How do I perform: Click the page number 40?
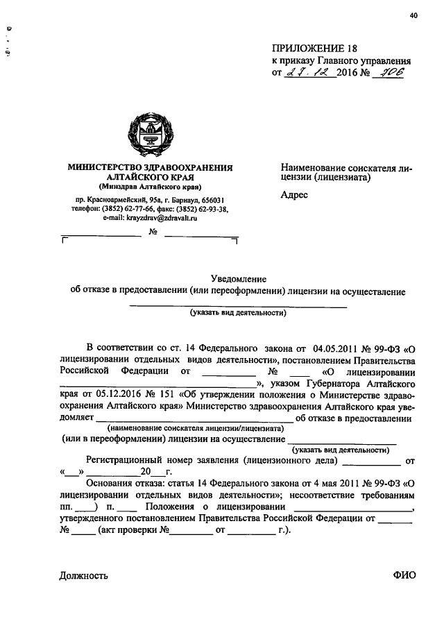tap(413, 15)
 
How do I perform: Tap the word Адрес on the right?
tap(293, 196)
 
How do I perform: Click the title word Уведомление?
tap(242, 278)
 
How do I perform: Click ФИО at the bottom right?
tap(404, 575)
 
